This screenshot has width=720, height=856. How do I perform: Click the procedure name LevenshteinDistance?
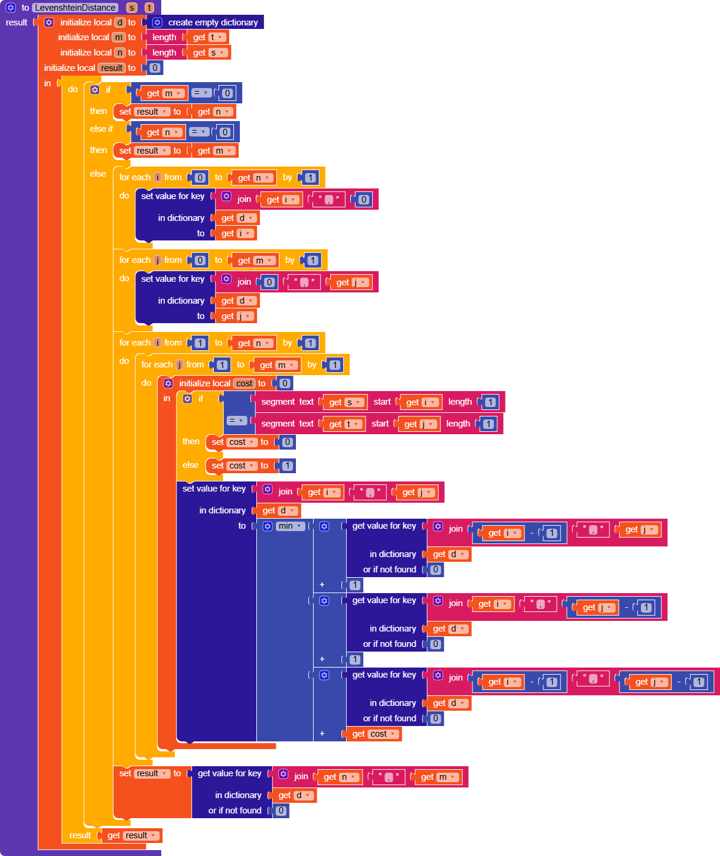75,8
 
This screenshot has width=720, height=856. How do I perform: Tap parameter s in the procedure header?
132,8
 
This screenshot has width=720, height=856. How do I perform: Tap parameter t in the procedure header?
149,8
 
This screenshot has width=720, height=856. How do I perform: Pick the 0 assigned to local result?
155,68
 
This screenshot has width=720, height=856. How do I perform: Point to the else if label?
101,129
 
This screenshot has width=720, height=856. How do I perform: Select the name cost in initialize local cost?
244,383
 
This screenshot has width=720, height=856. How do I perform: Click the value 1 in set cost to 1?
287,466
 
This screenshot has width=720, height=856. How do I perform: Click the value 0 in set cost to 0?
287,442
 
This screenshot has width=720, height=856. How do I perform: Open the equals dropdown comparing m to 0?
202,93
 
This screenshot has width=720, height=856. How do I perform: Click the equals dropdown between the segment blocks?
237,421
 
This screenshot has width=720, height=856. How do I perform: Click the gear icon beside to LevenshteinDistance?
11,8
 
